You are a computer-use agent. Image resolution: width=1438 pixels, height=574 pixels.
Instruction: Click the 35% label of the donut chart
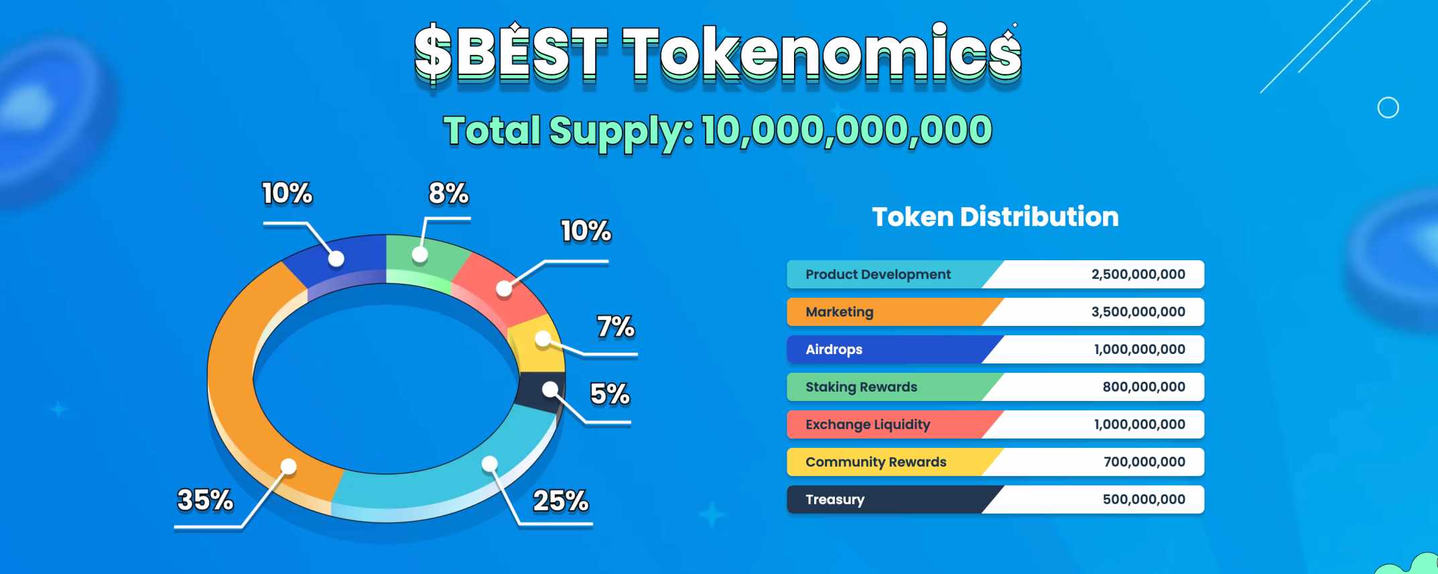pyautogui.click(x=205, y=500)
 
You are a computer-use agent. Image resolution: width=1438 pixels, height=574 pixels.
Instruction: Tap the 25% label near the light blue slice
pyautogui.click(x=561, y=501)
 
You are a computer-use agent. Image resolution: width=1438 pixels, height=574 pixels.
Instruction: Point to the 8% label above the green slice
pyautogui.click(x=449, y=194)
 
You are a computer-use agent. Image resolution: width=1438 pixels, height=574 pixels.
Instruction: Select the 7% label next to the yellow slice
pyautogui.click(x=616, y=327)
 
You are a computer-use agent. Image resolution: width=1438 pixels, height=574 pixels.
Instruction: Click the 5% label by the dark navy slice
pyautogui.click(x=610, y=394)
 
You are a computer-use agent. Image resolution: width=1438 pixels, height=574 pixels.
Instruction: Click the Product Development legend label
pyautogui.click(x=878, y=274)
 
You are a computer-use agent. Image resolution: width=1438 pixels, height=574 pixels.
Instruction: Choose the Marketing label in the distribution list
pyautogui.click(x=840, y=312)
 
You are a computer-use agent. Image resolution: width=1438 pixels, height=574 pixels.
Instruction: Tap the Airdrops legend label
pyautogui.click(x=834, y=349)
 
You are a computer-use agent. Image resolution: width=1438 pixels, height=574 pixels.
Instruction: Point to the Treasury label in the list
pyautogui.click(x=835, y=500)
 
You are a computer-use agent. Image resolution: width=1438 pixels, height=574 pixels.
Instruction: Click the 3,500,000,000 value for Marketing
pyautogui.click(x=1138, y=312)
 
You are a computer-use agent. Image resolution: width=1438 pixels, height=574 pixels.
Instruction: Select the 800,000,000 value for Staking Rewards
pyautogui.click(x=1144, y=387)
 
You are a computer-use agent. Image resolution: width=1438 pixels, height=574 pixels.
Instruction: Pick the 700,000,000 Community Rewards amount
pyautogui.click(x=1145, y=462)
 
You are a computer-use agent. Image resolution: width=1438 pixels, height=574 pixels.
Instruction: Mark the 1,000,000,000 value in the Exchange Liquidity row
pyautogui.click(x=1140, y=424)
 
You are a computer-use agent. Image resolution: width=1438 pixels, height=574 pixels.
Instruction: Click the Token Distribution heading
pyautogui.click(x=995, y=217)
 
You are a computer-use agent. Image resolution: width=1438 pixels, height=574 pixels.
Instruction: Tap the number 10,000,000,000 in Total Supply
pyautogui.click(x=847, y=130)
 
